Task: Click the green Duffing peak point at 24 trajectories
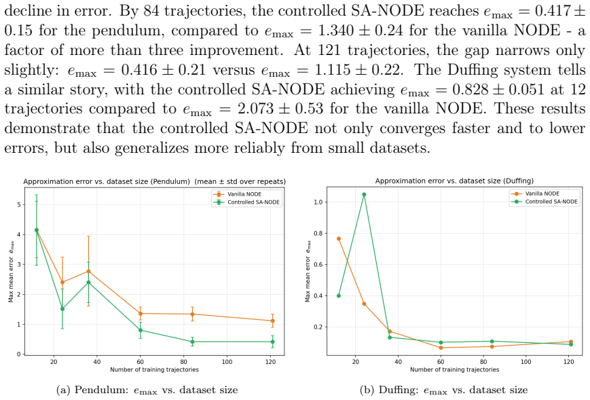pos(364,194)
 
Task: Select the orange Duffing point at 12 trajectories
pos(339,238)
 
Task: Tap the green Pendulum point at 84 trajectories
pos(192,342)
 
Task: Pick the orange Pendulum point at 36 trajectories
pos(88,272)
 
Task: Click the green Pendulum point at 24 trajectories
pos(62,309)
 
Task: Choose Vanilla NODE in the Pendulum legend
pos(244,194)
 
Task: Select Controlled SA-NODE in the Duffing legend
pos(551,202)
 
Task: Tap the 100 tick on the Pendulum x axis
pos(227,361)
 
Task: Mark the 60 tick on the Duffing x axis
pos(441,361)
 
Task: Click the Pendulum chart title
pos(154,181)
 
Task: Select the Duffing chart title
pos(454,181)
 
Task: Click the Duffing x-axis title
pos(454,369)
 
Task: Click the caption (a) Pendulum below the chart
pos(147,390)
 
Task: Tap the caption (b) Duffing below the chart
pos(443,390)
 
